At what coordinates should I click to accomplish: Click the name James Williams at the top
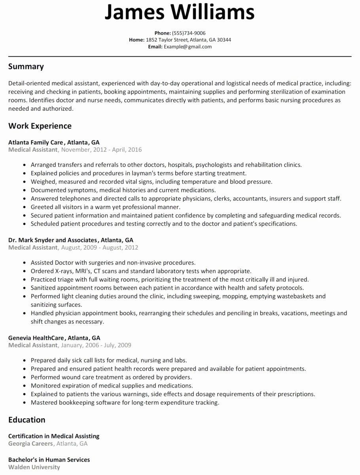point(180,13)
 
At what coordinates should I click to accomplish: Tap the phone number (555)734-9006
point(189,33)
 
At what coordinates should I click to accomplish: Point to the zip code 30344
point(224,40)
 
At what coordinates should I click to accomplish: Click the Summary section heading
point(26,66)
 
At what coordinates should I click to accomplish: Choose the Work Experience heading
point(40,126)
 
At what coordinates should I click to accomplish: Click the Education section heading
point(27,420)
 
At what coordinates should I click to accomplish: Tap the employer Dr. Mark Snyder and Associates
point(53,240)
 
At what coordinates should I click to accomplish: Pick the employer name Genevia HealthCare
point(36,338)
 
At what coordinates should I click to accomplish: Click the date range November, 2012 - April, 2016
point(101,150)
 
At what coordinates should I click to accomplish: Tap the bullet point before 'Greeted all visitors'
point(25,207)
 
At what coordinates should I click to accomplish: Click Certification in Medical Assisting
point(54,436)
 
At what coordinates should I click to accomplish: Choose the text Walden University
point(34,467)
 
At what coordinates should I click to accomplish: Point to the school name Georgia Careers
point(30,443)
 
